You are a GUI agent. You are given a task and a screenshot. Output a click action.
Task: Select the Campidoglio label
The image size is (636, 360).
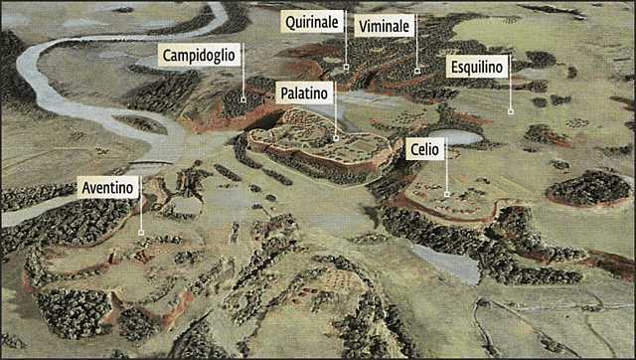click(199, 55)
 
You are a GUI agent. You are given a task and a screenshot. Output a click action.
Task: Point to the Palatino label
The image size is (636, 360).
click(303, 92)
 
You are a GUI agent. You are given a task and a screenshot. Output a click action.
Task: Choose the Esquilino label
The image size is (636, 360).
click(478, 67)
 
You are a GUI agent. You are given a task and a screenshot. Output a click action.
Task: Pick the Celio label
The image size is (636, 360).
click(425, 149)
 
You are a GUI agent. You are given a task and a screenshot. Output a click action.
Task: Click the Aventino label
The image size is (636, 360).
click(106, 187)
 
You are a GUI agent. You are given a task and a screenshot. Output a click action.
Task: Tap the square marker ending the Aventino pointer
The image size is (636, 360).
click(141, 233)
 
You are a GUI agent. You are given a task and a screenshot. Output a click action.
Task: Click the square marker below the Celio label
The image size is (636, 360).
click(447, 193)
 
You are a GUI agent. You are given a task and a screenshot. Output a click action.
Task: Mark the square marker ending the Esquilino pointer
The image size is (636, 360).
click(510, 111)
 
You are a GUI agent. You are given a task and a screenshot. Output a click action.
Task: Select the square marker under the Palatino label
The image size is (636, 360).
click(336, 138)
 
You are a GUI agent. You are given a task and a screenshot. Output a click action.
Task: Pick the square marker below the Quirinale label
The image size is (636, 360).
click(346, 67)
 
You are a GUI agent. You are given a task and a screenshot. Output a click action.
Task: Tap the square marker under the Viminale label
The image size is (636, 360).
click(417, 70)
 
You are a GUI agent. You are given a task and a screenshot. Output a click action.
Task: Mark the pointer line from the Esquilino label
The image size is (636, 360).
click(510, 94)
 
